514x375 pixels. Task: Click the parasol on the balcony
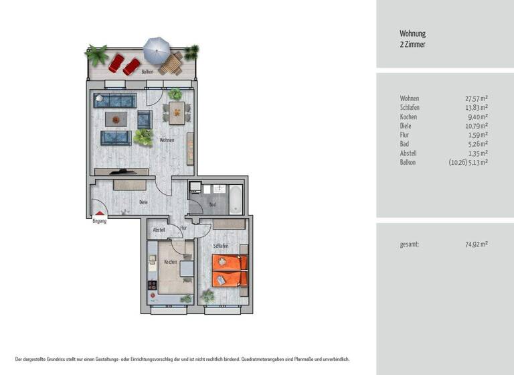pyautogui.click(x=157, y=50)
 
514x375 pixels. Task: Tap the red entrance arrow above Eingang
pyautogui.click(x=100, y=214)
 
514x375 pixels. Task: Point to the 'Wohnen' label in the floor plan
pyautogui.click(x=167, y=140)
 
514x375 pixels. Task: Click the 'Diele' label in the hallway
pyautogui.click(x=143, y=202)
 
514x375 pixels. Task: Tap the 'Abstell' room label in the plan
pyautogui.click(x=159, y=230)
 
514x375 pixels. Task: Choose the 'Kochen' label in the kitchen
pyautogui.click(x=171, y=262)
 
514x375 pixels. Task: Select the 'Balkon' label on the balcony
pyautogui.click(x=147, y=72)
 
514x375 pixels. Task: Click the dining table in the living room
pyautogui.click(x=177, y=112)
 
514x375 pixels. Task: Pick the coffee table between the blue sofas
pyautogui.click(x=117, y=119)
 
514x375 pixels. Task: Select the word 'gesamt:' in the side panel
pyautogui.click(x=409, y=244)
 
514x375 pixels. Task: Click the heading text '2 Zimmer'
pyautogui.click(x=412, y=45)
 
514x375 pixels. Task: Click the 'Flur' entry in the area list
pyautogui.click(x=405, y=135)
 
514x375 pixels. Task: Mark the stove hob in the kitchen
pyautogui.click(x=152, y=285)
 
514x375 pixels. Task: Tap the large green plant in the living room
pyautogui.click(x=143, y=137)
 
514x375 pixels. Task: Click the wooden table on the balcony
pyautogui.click(x=171, y=64)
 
